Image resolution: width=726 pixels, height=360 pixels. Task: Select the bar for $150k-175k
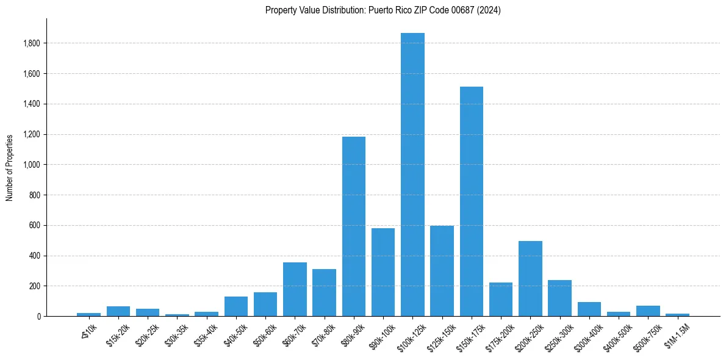(x=472, y=201)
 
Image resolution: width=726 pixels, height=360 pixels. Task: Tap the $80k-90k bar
(x=354, y=226)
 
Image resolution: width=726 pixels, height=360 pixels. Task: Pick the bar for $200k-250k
(x=530, y=278)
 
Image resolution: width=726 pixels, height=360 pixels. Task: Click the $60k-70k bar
(x=295, y=289)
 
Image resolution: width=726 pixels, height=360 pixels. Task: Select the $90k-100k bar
(x=383, y=272)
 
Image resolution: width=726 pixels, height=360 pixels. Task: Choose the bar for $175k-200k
(x=501, y=299)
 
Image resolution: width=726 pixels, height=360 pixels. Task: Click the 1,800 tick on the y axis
(x=32, y=43)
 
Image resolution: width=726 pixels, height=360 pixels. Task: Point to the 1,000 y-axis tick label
(x=32, y=165)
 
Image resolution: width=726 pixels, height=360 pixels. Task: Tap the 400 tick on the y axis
(x=35, y=256)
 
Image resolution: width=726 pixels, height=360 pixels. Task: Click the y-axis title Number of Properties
(x=9, y=167)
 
